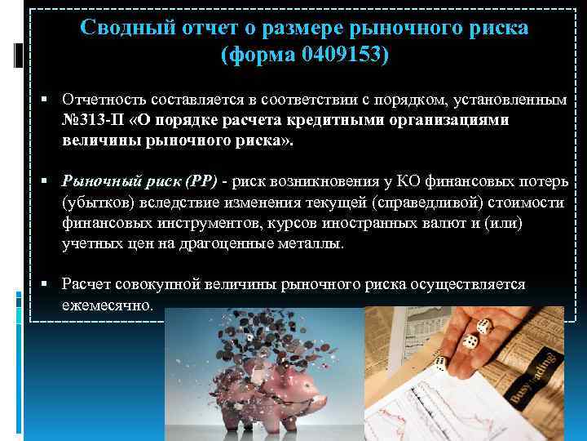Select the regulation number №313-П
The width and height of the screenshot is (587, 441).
[x=93, y=119]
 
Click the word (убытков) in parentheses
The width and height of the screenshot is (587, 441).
[x=96, y=202]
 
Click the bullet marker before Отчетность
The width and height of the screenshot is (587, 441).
[x=50, y=100]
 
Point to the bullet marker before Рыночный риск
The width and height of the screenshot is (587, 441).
[x=50, y=181]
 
